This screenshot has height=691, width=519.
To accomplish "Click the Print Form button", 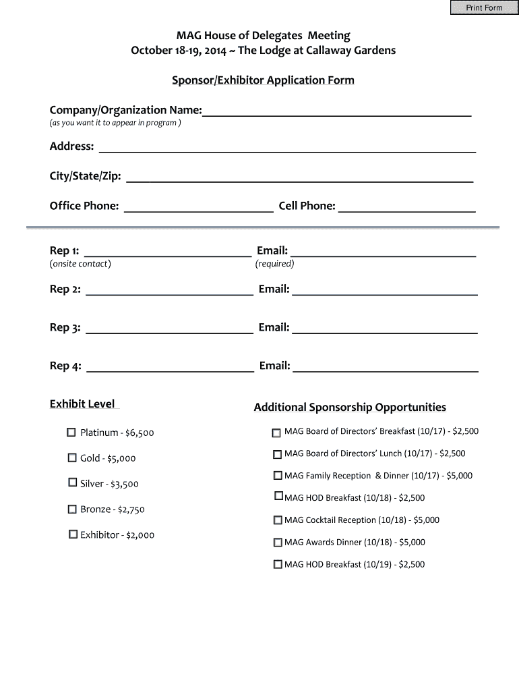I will coord(484,7).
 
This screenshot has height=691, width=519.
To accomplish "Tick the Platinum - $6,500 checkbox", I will coord(71,432).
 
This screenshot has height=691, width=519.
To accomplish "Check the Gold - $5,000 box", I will coord(71,458).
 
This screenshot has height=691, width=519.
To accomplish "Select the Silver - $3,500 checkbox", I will coord(72,482).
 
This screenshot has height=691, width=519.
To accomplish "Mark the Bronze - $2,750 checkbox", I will coord(71,509).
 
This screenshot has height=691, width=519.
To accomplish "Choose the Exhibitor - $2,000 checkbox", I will coord(72,534).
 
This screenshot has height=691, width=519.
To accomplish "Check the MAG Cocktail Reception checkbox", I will coord(278,520).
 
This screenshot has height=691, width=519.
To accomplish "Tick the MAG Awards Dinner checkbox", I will coord(278,542).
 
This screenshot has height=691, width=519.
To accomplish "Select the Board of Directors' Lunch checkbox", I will coord(277,453).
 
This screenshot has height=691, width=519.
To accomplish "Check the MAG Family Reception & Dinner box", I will coord(278,475).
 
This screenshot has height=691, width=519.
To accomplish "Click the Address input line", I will coord(287,146).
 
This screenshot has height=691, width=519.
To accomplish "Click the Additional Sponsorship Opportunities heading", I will coord(350,407).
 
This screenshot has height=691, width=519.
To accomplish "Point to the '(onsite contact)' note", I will coord(80,264).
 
